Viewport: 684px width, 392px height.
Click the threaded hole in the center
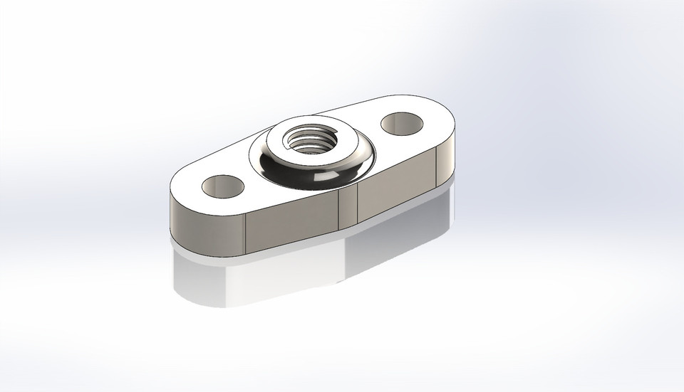click(309, 138)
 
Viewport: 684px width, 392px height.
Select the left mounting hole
click(222, 186)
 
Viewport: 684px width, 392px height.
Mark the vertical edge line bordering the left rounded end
click(246, 235)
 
